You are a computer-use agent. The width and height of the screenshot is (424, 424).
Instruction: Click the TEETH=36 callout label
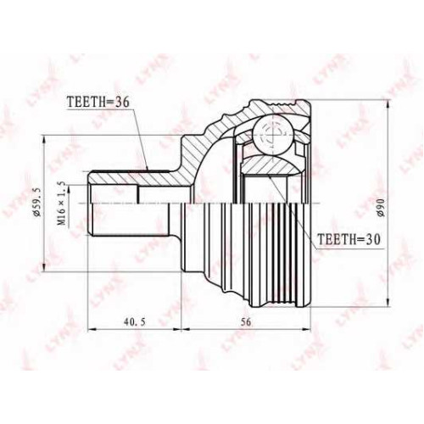tap(98, 102)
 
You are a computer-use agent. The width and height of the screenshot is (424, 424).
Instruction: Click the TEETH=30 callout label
tap(349, 239)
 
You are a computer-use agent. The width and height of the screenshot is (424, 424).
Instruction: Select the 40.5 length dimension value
tap(135, 321)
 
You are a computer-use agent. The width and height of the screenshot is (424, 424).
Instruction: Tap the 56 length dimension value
tap(246, 321)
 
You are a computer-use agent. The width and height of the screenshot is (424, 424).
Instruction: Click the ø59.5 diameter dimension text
tap(37, 201)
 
